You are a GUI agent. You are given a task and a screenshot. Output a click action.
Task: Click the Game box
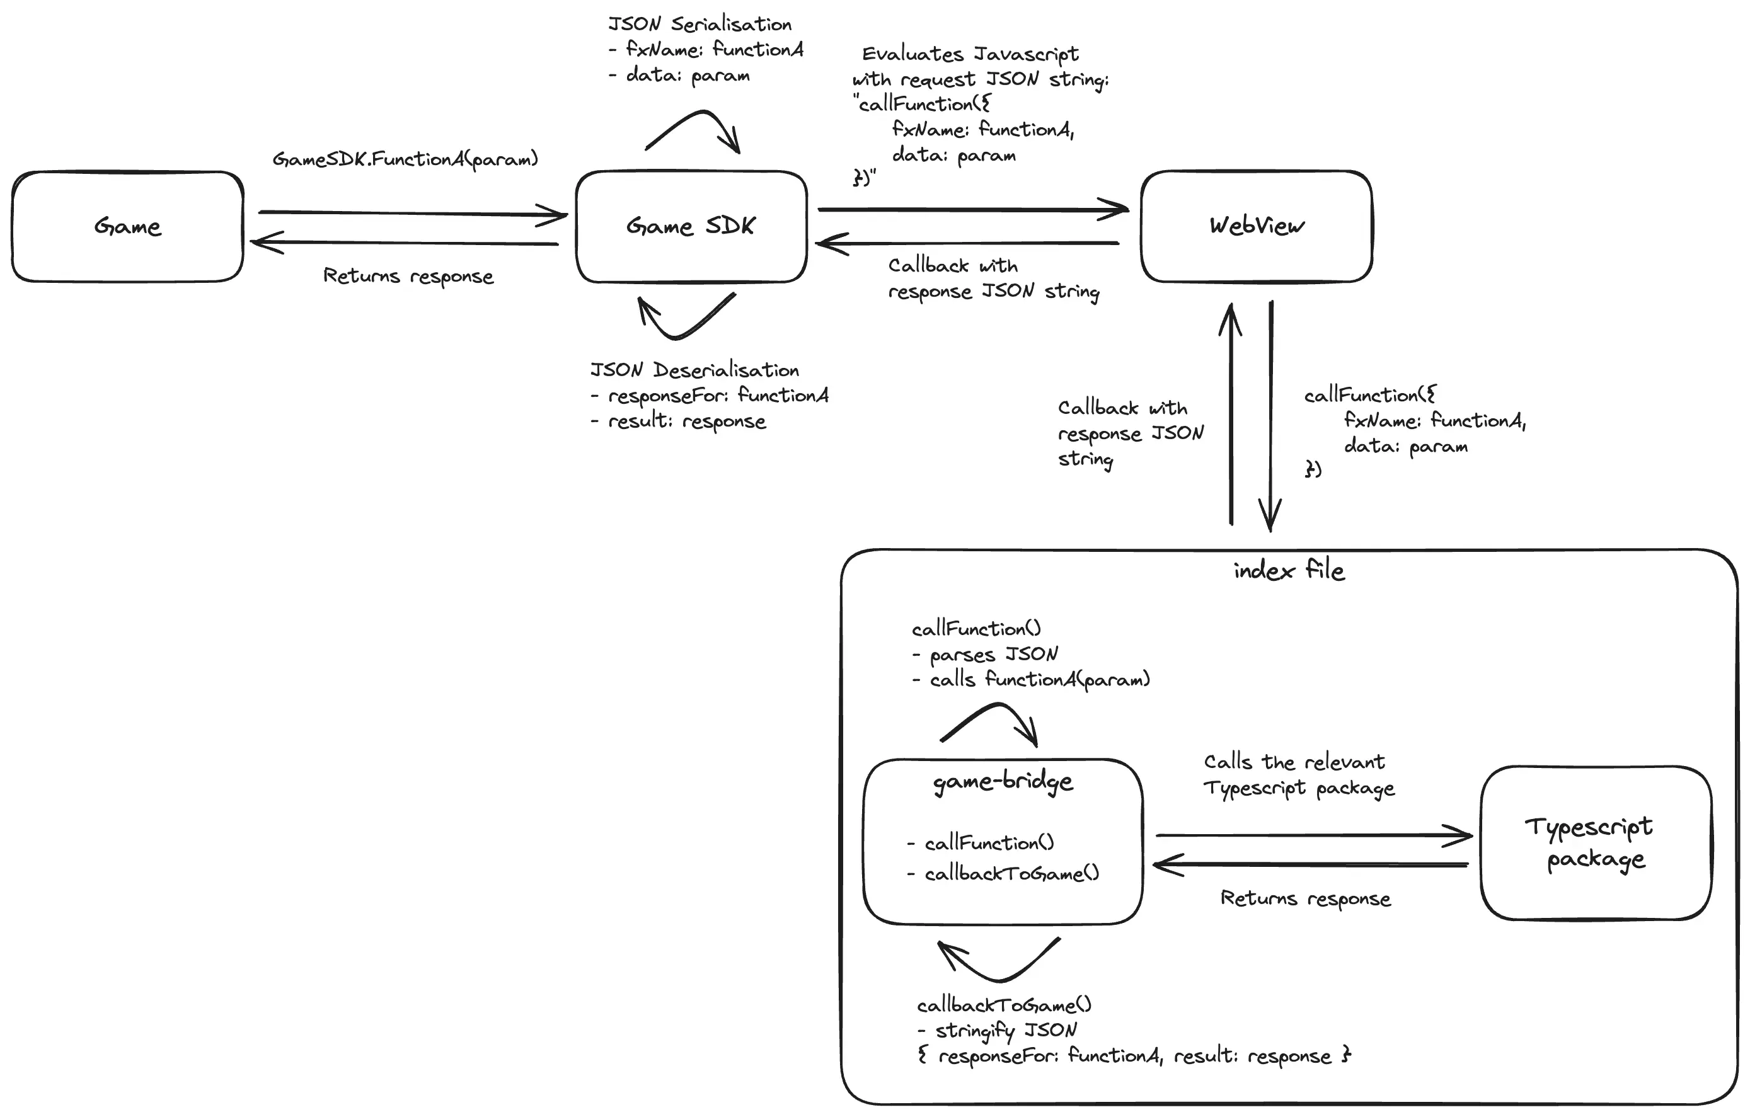click(x=127, y=226)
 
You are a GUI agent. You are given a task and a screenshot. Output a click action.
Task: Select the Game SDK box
click(x=691, y=226)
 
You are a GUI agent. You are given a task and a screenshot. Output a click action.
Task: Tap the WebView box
click(x=1256, y=226)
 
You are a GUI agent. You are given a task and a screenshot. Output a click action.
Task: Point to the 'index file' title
click(x=1289, y=571)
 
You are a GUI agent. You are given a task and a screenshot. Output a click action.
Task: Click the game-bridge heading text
click(x=1002, y=782)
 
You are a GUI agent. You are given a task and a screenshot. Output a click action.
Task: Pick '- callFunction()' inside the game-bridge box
click(x=981, y=843)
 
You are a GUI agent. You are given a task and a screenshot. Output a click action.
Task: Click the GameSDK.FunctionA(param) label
click(x=405, y=159)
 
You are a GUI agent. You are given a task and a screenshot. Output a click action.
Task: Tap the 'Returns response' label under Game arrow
click(x=408, y=276)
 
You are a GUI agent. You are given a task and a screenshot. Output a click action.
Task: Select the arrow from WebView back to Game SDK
click(x=967, y=243)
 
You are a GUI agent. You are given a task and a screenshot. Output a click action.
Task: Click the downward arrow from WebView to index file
click(x=1270, y=415)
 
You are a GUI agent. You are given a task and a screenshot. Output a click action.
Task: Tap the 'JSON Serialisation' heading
click(x=699, y=25)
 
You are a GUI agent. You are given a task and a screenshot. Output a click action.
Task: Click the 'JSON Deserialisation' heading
click(x=694, y=370)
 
